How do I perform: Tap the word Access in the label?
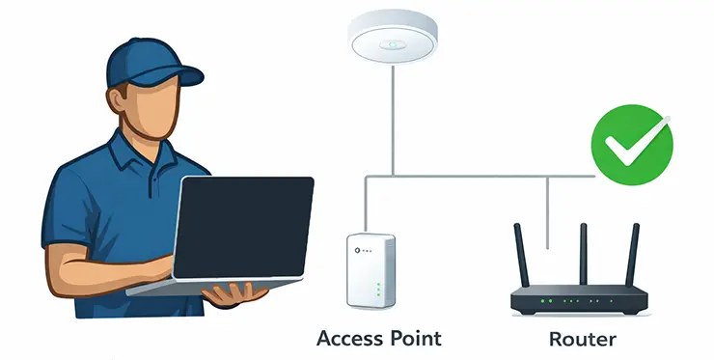353,339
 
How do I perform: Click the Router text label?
581,339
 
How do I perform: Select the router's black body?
577,300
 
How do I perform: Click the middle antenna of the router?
583,253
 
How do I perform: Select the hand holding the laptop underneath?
230,295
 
